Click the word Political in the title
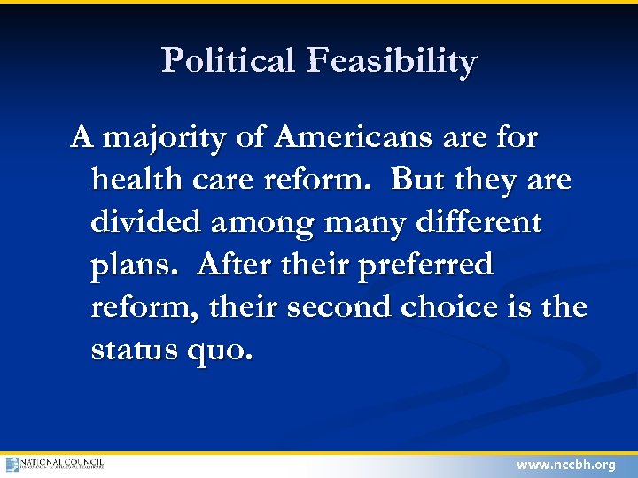pos(229,61)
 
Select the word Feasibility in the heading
pos(392,62)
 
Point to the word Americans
pos(352,138)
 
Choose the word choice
pos(448,307)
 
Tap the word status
pos(136,350)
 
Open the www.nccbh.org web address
pos(565,465)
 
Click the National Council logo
pos(55,464)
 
